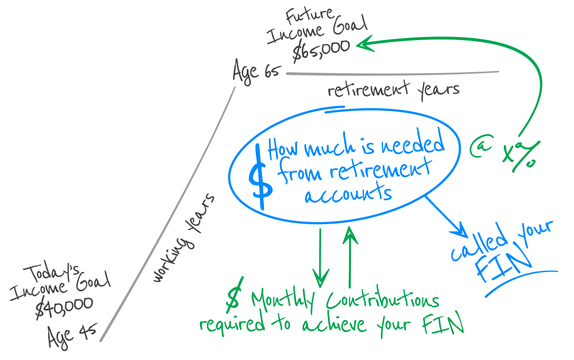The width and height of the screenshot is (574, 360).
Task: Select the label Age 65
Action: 255,71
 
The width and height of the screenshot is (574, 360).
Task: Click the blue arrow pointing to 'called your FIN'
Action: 447,217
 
